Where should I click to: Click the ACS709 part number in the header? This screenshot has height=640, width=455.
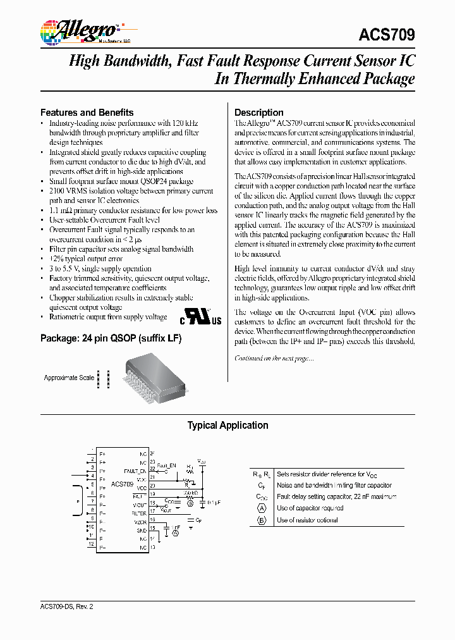[x=386, y=35]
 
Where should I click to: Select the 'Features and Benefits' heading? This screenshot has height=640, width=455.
[x=87, y=112]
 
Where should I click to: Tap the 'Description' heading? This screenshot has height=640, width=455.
[x=258, y=112]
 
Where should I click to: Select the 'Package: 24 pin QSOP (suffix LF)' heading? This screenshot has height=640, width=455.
[x=111, y=339]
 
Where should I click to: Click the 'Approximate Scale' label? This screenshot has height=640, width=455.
[x=69, y=378]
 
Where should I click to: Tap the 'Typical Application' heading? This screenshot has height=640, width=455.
[x=227, y=426]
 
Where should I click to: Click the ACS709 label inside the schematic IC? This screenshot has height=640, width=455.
[x=122, y=484]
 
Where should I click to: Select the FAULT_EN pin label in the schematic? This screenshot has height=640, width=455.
[x=135, y=471]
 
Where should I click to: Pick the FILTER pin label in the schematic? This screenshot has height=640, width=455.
[x=139, y=514]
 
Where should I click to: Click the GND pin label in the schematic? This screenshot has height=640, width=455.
[x=142, y=531]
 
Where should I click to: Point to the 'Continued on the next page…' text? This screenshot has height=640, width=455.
[x=274, y=359]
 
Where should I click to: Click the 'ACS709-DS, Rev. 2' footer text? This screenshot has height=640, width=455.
[x=67, y=606]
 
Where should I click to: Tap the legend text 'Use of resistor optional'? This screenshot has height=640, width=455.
[x=307, y=520]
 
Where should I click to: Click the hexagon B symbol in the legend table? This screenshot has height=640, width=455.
[x=262, y=520]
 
